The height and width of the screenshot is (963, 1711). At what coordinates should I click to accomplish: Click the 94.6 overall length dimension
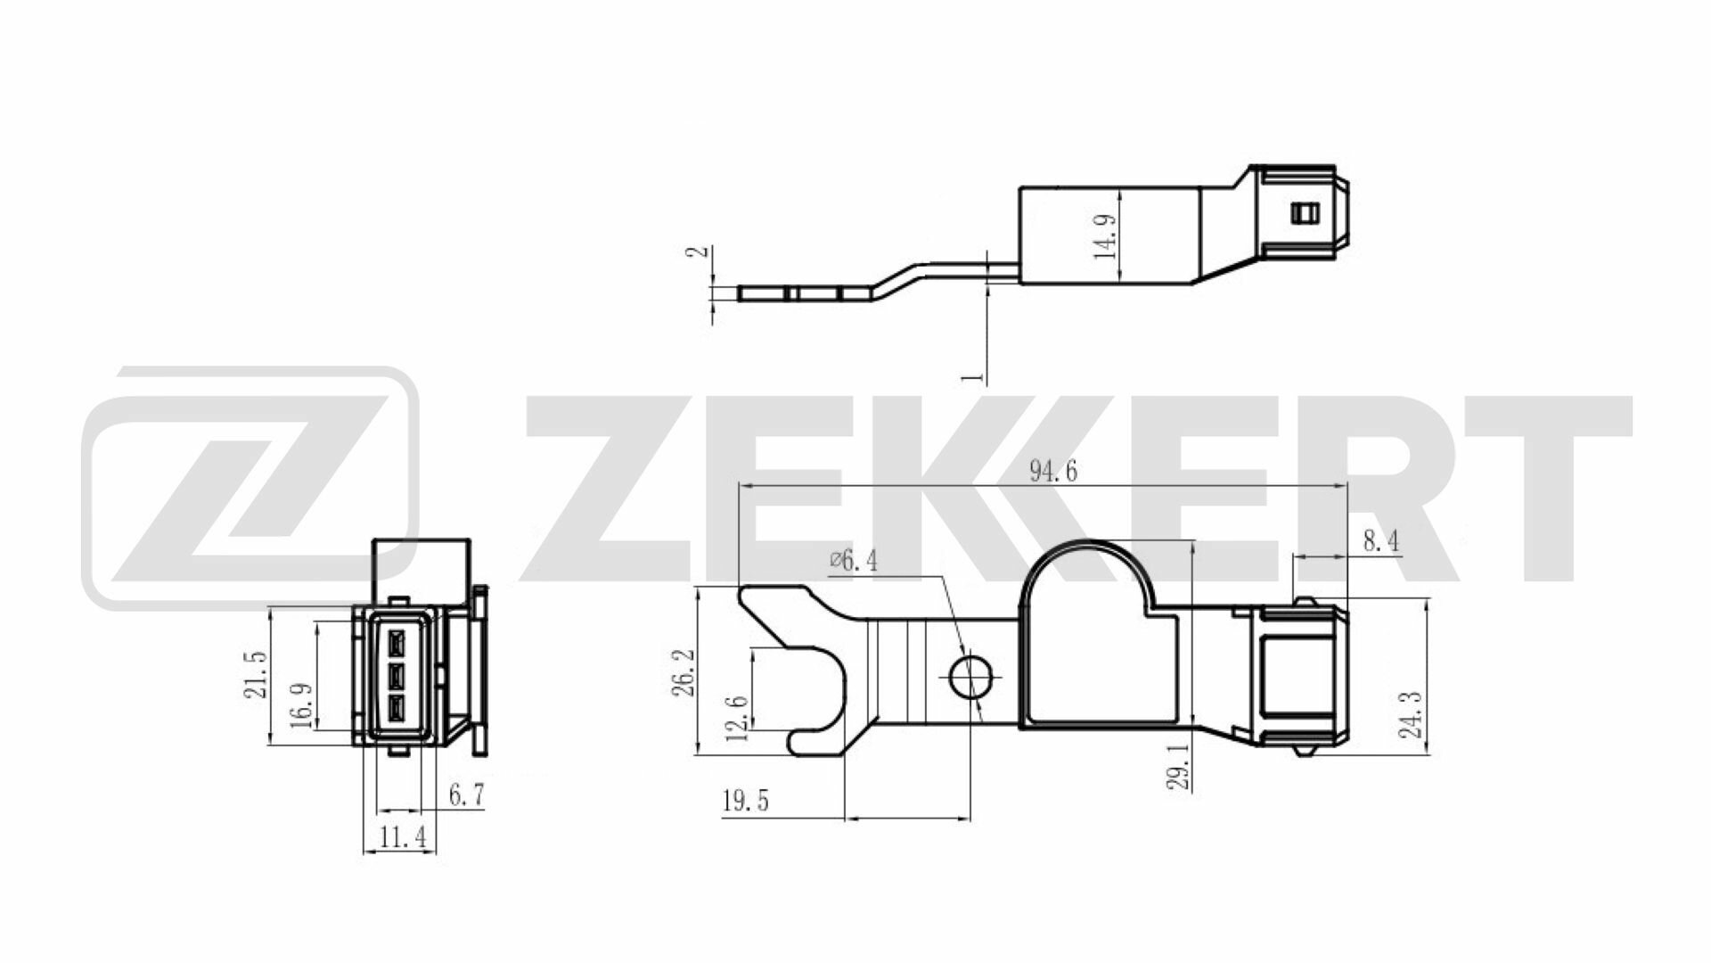click(1053, 471)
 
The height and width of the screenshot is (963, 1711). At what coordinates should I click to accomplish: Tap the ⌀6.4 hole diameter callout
click(853, 561)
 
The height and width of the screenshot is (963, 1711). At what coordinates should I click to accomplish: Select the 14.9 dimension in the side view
click(1107, 235)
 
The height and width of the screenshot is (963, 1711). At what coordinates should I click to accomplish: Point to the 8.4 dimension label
click(1379, 540)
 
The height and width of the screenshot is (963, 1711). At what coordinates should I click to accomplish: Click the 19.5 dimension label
click(745, 801)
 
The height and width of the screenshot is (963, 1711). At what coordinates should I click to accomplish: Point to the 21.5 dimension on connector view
click(256, 674)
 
